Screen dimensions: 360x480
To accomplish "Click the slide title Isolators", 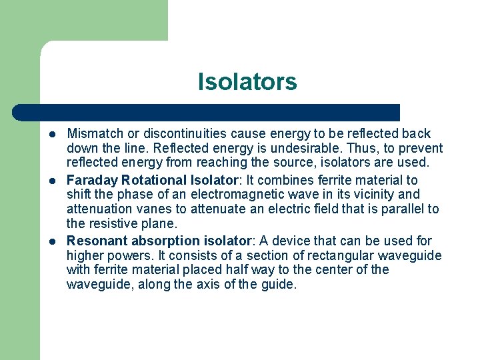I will pos(247,82).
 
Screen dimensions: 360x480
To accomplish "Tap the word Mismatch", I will pos(95,134).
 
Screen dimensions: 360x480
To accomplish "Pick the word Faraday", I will pos(93,181).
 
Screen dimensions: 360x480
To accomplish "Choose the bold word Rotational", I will pos(154,181).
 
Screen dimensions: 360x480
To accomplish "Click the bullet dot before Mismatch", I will pos(52,134).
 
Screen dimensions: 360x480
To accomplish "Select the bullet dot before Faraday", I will pos(52,181).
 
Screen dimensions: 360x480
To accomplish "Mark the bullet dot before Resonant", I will pos(52,241).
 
